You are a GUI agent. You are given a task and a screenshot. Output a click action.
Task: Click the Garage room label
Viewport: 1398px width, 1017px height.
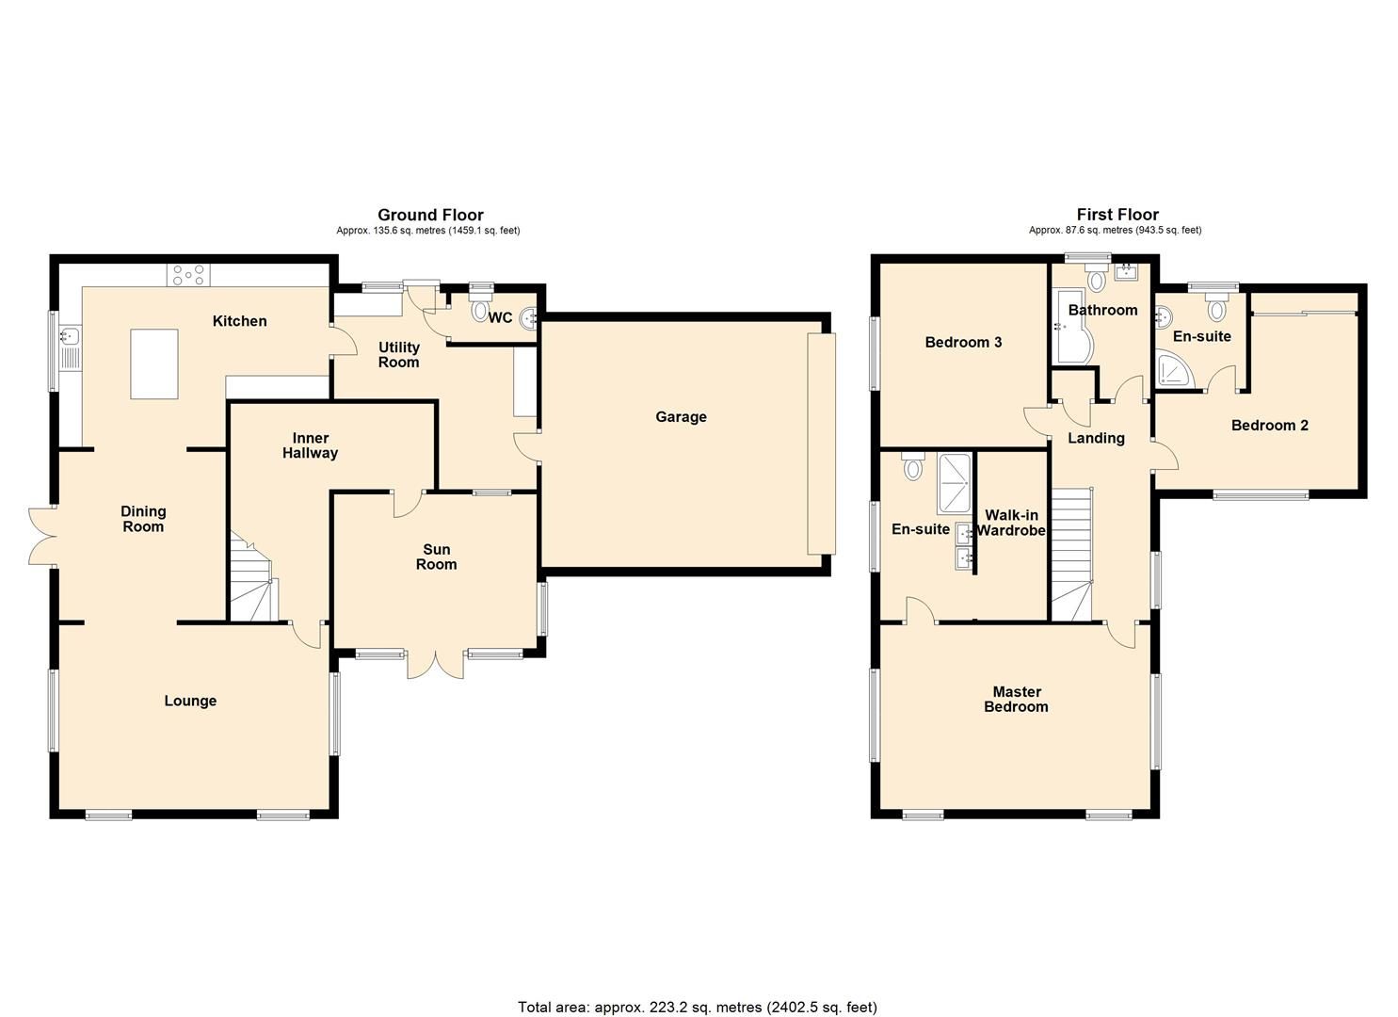(x=681, y=417)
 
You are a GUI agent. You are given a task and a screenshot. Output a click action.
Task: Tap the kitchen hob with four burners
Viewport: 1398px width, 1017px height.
(x=188, y=275)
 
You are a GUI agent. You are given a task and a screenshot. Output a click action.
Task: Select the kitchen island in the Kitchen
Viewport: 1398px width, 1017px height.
(x=154, y=363)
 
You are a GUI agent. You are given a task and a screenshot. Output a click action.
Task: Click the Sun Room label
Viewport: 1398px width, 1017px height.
(x=436, y=557)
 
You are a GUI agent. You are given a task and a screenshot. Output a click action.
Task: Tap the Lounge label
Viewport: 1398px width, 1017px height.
(x=190, y=701)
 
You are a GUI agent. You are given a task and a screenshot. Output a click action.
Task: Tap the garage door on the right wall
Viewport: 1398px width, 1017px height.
(x=820, y=443)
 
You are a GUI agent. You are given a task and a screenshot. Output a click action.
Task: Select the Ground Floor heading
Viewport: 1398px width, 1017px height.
(x=430, y=215)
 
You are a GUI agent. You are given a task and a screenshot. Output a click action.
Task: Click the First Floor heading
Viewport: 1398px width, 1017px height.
(x=1117, y=215)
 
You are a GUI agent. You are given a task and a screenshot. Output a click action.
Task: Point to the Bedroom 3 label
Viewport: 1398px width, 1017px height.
(x=963, y=342)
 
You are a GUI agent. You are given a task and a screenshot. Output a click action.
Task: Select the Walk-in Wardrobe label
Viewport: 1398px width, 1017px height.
(x=1011, y=523)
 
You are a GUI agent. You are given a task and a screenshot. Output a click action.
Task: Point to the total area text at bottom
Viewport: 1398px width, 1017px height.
(x=698, y=1007)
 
